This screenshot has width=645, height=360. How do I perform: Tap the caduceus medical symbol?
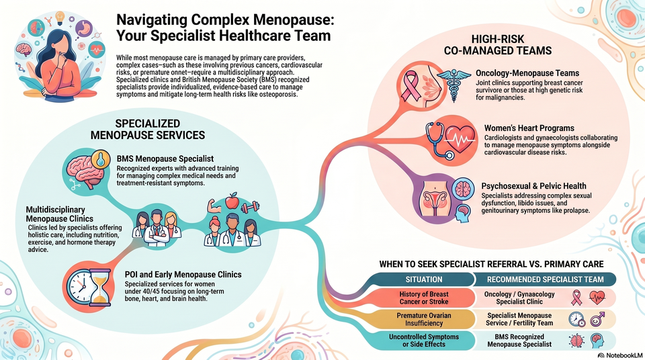coord(454,85)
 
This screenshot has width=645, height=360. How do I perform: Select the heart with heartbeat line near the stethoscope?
coord(460,140)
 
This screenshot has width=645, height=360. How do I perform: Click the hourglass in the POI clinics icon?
coord(101,287)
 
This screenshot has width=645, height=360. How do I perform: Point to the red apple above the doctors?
coord(232,200)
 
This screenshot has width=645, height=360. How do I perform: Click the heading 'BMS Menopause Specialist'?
coord(165,159)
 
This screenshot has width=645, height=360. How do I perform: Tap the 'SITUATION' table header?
coord(424,279)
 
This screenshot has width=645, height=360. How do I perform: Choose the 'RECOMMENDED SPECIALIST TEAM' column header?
coord(545,279)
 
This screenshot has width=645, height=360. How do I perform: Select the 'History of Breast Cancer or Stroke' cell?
coord(424,298)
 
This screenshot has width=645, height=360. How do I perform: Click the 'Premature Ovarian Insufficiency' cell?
coord(424,319)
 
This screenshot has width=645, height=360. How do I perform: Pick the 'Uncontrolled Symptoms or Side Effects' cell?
coord(424,341)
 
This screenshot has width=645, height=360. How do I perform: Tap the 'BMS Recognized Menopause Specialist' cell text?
coord(519,341)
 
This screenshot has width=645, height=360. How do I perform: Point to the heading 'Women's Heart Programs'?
coord(529,128)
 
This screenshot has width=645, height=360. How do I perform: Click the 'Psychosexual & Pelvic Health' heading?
coord(534,186)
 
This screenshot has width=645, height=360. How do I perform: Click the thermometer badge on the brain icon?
coord(101,159)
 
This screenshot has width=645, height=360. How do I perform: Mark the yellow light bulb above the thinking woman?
coord(60,17)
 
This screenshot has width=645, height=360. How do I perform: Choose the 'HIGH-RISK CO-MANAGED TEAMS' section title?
coord(498,45)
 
